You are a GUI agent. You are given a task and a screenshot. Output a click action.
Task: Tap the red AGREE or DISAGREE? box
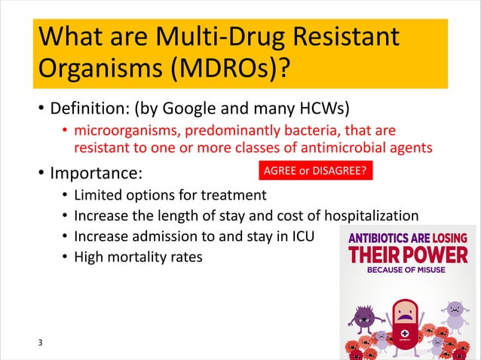[314, 171]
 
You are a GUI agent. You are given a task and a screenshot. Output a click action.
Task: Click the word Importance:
[96, 173]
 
